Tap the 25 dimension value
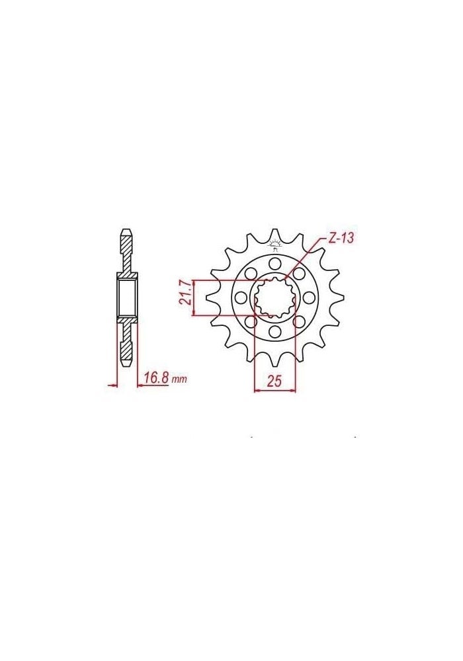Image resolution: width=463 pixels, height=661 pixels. (274, 380)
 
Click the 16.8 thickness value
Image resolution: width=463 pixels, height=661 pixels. (155, 378)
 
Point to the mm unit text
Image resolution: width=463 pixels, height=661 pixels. (179, 380)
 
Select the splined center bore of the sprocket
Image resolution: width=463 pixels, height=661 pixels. (275, 297)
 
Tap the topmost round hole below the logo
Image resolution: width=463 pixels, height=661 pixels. (275, 264)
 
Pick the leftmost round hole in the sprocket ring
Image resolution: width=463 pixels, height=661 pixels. (243, 297)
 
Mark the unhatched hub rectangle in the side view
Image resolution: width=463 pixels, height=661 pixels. (128, 297)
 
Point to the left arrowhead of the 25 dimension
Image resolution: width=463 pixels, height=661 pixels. (257, 390)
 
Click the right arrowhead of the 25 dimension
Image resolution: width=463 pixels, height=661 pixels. (293, 390)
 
